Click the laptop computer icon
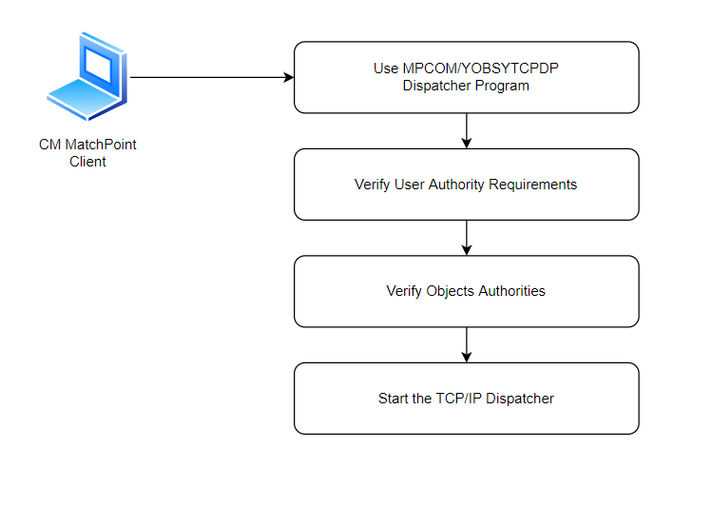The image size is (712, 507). coord(87,76)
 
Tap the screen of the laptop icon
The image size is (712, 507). coord(98,66)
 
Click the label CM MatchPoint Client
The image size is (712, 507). coord(87,152)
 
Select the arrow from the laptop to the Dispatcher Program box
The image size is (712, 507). coord(212,77)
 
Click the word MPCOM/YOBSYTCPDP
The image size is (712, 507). coord(480,68)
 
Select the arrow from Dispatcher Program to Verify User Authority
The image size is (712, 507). coord(467,131)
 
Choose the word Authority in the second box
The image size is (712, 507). coord(456,185)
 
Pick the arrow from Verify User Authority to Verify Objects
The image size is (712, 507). coord(467,238)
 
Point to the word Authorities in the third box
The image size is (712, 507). coord(511,291)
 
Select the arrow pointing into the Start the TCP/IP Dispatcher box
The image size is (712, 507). coord(467,344)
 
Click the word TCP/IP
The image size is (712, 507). coord(458,399)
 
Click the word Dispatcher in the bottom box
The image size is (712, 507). coord(520,399)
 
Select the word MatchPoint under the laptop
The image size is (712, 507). coord(101,145)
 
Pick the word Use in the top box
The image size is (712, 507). coord(386,68)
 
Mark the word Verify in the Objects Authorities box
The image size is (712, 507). coord(404,291)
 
